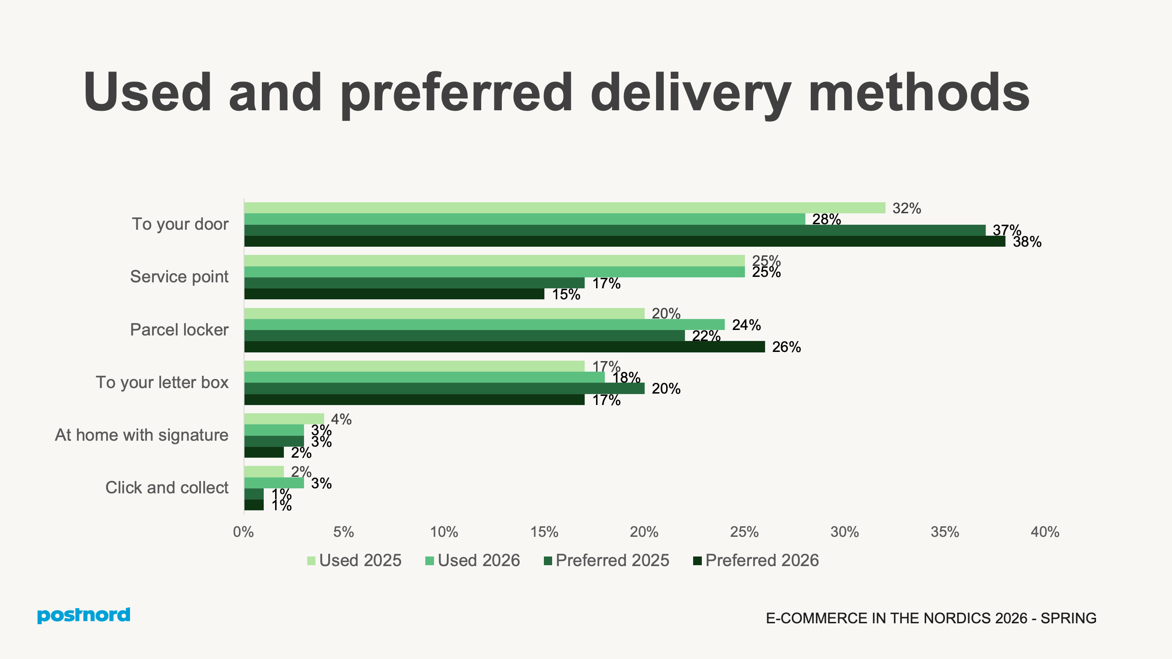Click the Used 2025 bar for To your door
(564, 208)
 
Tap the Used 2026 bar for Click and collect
(274, 483)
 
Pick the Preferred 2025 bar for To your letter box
(444, 389)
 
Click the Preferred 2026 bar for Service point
(394, 294)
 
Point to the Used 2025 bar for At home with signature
(284, 419)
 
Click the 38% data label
(1027, 242)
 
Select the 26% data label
(786, 347)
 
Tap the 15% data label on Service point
(566, 294)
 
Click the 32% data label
(906, 208)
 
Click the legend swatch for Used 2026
(429, 561)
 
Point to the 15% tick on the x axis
(544, 532)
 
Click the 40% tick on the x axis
(1045, 532)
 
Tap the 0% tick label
(244, 532)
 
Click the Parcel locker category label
(179, 329)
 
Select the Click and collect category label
(167, 487)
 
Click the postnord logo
(84, 615)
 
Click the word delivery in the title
(690, 93)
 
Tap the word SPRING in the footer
(1068, 618)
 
